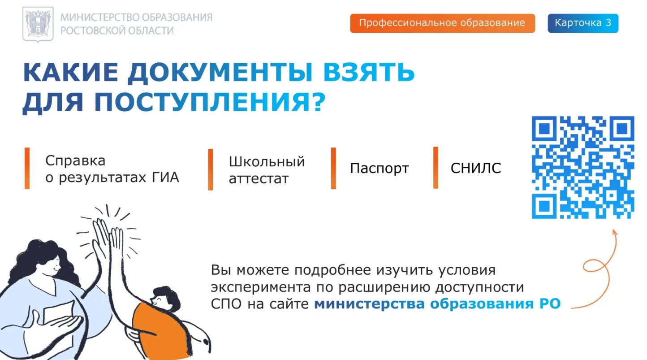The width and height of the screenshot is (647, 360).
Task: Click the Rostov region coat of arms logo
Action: [38, 25]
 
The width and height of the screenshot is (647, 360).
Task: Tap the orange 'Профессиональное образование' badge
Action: [443, 23]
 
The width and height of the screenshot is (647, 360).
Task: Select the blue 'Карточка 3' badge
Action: [583, 23]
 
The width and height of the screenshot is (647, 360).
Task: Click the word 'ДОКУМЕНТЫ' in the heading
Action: [220, 72]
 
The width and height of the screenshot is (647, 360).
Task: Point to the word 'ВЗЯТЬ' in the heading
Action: [369, 72]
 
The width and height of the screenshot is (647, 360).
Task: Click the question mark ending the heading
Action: [319, 101]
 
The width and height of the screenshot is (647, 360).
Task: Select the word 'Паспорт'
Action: [379, 169]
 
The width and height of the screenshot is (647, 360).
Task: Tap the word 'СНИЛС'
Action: [476, 168]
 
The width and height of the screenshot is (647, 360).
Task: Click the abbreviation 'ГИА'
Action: [165, 177]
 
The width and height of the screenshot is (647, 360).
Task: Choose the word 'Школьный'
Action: [267, 161]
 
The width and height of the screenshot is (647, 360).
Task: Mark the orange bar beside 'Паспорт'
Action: [333, 169]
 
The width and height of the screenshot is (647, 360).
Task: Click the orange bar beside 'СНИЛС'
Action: [436, 168]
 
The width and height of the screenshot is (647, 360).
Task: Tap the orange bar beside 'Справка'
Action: [27, 169]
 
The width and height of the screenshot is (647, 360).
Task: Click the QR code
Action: [583, 167]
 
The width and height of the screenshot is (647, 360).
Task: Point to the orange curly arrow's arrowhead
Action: [615, 233]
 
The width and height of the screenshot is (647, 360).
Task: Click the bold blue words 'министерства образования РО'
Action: [437, 304]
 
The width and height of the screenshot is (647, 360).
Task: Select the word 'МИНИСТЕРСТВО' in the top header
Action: [100, 17]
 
